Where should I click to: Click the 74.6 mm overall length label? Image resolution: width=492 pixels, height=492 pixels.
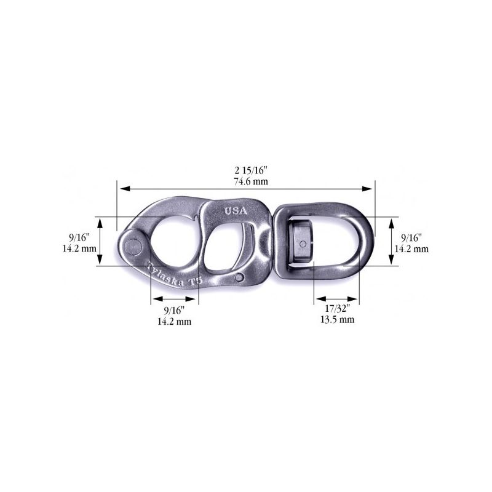click(x=251, y=181)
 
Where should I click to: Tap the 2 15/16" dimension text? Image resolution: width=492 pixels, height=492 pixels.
click(x=251, y=171)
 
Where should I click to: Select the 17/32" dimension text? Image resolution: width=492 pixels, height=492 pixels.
click(x=337, y=309)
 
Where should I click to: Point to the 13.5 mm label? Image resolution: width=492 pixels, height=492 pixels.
click(x=337, y=319)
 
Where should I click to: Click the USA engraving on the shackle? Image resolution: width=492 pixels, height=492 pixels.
click(x=236, y=211)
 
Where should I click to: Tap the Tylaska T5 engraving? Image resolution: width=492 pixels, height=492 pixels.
click(x=175, y=275)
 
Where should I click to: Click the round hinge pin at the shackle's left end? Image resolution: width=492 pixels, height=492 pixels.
click(x=133, y=245)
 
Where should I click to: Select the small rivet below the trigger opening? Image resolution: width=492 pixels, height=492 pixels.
click(x=239, y=278)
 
